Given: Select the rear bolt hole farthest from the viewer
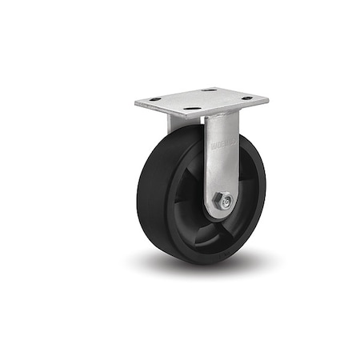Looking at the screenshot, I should [x=210, y=91].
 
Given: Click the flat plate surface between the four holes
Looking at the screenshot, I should [x=200, y=100].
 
